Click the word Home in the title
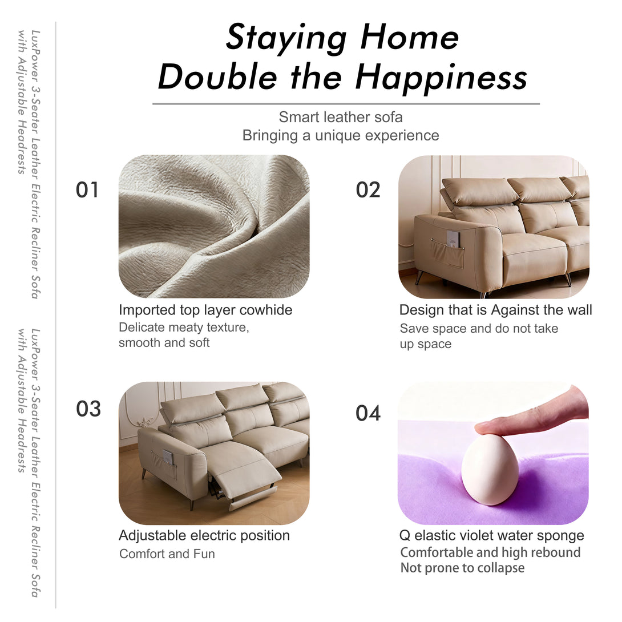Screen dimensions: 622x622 409,37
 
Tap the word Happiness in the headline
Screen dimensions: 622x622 441,77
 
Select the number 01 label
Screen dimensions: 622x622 87,190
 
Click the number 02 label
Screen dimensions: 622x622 367,190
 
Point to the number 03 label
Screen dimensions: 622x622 88,409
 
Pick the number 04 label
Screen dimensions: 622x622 367,413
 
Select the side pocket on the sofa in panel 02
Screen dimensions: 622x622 447,252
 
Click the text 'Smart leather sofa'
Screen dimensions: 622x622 340,117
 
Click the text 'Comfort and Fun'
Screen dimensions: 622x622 167,554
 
